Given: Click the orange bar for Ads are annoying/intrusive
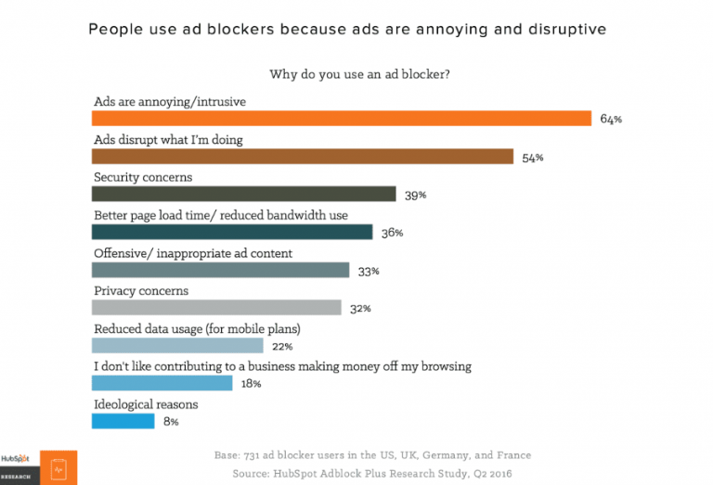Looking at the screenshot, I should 341,118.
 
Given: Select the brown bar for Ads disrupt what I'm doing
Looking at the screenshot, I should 302,156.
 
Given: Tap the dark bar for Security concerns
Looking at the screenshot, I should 244,194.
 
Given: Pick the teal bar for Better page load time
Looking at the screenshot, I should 232,232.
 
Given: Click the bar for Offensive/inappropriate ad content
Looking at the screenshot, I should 220,270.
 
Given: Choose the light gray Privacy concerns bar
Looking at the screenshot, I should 216,308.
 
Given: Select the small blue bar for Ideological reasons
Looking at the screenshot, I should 123,421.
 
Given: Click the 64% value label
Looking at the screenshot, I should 610,120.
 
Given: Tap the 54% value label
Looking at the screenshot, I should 532,158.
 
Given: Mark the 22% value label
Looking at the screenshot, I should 282,347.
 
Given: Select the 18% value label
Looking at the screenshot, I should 250,384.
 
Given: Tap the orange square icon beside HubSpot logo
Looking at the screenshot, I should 58,466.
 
